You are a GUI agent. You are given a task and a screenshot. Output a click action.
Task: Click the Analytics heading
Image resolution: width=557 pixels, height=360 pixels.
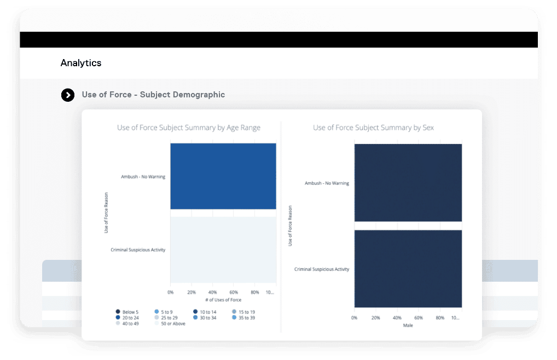[x=81, y=63]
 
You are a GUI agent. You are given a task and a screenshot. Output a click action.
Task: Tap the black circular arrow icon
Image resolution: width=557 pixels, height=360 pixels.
[x=67, y=95]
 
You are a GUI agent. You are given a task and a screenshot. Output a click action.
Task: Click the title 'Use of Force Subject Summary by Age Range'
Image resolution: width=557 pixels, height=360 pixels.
[x=189, y=128]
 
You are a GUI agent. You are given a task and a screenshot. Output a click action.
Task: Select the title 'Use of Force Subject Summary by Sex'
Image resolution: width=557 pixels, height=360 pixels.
[x=374, y=128]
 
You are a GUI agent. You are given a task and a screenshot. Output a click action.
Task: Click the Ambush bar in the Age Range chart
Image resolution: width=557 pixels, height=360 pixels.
[x=223, y=176]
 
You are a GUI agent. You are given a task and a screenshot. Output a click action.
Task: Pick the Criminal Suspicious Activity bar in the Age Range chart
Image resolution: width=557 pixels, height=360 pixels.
[x=223, y=249]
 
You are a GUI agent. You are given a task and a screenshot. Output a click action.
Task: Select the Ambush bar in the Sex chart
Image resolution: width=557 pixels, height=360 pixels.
[x=408, y=182]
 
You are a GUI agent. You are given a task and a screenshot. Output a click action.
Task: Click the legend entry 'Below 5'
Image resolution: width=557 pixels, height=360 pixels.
[x=127, y=312]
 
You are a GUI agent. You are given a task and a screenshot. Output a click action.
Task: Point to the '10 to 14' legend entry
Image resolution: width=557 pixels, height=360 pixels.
[x=206, y=312]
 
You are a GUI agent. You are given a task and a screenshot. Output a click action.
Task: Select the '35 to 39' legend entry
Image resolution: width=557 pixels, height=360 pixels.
[x=243, y=317]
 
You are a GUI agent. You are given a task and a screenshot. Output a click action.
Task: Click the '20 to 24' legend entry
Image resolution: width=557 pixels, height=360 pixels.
[x=128, y=317]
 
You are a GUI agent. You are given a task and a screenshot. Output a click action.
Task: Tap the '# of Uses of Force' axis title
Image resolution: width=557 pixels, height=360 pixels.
[x=223, y=300]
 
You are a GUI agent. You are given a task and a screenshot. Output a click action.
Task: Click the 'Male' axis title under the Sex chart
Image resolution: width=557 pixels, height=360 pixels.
[x=408, y=326]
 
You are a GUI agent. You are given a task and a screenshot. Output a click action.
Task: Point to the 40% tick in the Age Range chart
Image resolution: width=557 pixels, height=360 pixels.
[x=213, y=292]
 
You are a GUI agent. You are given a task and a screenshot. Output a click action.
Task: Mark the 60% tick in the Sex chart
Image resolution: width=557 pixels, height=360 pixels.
[x=419, y=318]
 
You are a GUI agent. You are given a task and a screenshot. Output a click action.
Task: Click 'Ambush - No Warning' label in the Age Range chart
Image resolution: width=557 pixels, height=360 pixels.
[x=143, y=177]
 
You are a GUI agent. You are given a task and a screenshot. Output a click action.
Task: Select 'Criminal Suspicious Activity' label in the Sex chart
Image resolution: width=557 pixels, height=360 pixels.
[x=322, y=269]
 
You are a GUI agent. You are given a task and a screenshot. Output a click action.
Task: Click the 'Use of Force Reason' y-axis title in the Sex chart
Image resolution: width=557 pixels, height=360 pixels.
[x=289, y=225]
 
